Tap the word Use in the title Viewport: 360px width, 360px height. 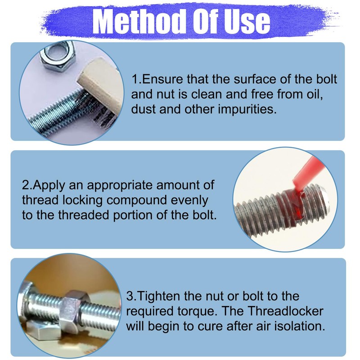(x=247, y=20)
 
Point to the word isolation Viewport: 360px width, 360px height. (x=301, y=326)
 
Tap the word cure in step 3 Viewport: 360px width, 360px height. (x=220, y=326)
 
